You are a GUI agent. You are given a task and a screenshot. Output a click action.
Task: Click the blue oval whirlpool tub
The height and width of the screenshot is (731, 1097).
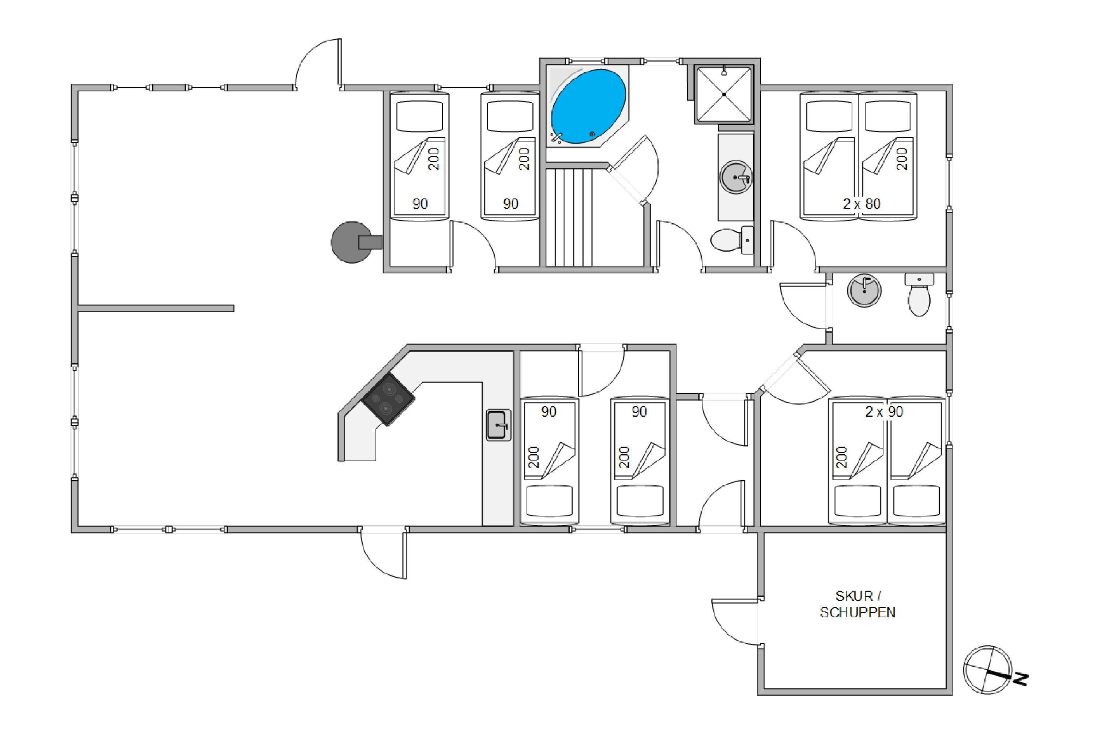point(588,106)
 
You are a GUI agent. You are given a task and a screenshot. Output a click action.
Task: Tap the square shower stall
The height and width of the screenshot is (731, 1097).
point(724,94)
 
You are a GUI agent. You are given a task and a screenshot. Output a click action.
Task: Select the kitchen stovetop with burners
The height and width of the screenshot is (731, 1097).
point(388,399)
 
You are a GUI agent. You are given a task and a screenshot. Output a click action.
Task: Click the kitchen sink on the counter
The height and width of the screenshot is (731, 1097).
point(498,425)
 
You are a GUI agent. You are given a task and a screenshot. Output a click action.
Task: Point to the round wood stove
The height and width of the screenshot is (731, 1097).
point(353,242)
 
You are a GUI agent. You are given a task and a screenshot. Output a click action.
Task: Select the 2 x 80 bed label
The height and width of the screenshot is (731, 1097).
point(862,204)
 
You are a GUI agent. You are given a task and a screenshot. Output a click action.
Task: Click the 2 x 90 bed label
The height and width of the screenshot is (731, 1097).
point(884,412)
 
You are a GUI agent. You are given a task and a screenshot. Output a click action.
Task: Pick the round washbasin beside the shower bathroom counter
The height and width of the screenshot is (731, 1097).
point(736,178)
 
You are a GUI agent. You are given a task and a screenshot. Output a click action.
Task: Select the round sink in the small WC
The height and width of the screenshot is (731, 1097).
point(864,291)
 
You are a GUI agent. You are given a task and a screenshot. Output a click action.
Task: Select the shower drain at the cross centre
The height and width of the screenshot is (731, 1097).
point(724,94)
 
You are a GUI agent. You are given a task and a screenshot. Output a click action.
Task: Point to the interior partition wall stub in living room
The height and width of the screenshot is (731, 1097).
point(156,308)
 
